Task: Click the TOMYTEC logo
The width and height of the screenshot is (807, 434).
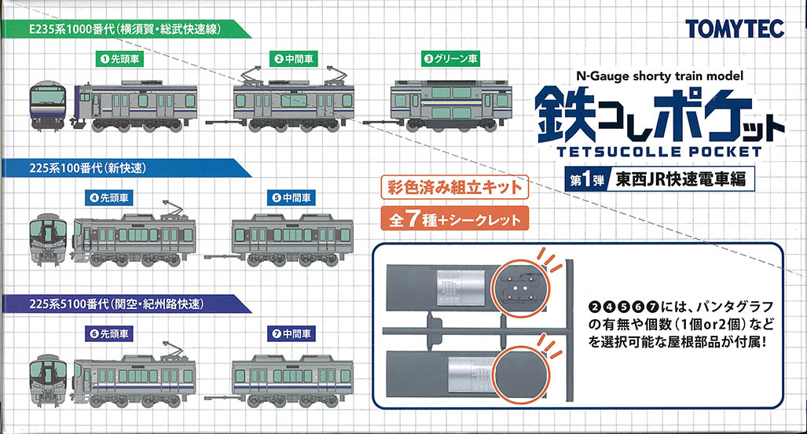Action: click(735, 29)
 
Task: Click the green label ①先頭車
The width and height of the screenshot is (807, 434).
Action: click(119, 59)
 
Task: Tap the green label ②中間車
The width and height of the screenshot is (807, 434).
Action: click(294, 59)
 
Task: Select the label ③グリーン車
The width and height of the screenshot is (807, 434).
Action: click(450, 59)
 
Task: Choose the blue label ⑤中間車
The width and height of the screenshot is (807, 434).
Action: click(291, 197)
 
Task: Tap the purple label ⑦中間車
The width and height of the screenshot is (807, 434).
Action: click(291, 333)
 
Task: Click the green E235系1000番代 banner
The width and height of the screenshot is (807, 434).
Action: click(126, 29)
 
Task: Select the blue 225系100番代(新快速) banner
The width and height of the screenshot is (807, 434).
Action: click(126, 167)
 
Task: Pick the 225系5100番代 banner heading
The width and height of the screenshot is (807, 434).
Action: click(126, 303)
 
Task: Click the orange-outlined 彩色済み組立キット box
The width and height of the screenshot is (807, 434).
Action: click(455, 187)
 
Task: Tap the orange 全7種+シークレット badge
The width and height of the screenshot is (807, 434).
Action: click(455, 219)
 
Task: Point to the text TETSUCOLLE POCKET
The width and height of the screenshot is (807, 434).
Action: click(659, 152)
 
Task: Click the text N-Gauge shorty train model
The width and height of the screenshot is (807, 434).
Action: click(660, 76)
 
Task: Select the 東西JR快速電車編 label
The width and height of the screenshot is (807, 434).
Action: click(680, 180)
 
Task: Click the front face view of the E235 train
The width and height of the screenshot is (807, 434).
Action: click(49, 106)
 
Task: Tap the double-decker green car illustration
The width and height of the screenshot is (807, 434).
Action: click(451, 104)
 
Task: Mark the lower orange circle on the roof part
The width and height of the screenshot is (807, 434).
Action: click(521, 373)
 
